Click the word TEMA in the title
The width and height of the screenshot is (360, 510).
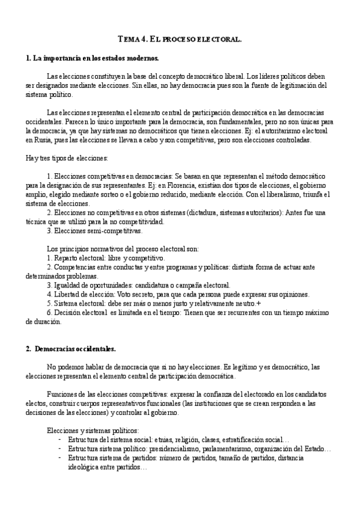click(x=129, y=39)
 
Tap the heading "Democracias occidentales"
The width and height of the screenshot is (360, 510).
click(x=75, y=349)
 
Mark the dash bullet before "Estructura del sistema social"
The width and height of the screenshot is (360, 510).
click(x=59, y=440)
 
